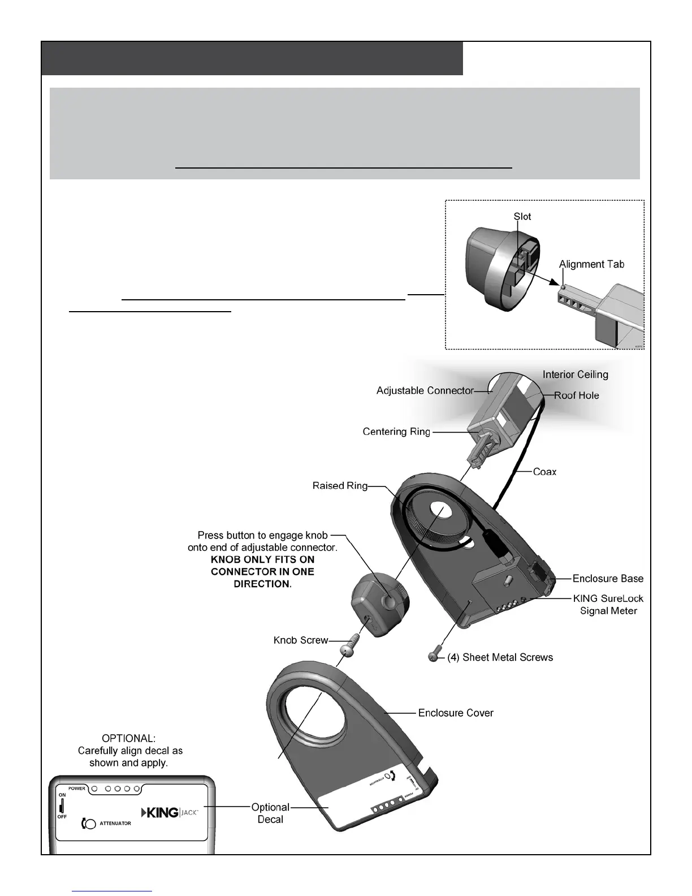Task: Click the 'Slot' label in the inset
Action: point(522,217)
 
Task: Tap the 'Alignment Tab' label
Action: point(591,264)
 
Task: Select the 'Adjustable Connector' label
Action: point(425,391)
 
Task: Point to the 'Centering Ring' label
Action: point(396,432)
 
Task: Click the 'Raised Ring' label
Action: point(340,486)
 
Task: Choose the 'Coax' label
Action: point(544,472)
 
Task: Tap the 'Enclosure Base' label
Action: point(608,579)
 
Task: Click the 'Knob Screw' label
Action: point(301,640)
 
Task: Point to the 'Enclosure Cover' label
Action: point(456,713)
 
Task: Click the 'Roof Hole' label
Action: point(576,396)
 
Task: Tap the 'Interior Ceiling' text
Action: point(575,374)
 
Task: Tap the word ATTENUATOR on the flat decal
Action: point(115,824)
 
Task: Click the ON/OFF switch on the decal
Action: point(62,805)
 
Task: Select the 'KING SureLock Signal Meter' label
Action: point(608,605)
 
